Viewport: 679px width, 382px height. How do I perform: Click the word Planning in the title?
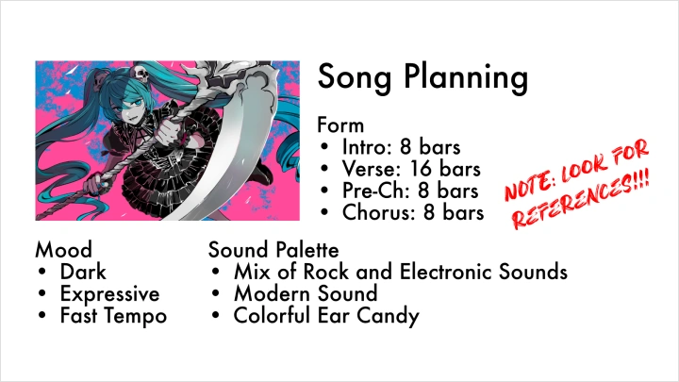[x=466, y=78]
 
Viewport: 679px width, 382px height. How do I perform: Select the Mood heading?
[x=64, y=250]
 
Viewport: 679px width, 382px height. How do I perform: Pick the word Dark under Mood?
[x=83, y=272]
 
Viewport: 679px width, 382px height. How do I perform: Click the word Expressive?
[x=109, y=294]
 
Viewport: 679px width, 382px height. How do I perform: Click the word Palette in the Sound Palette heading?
[x=306, y=250]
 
